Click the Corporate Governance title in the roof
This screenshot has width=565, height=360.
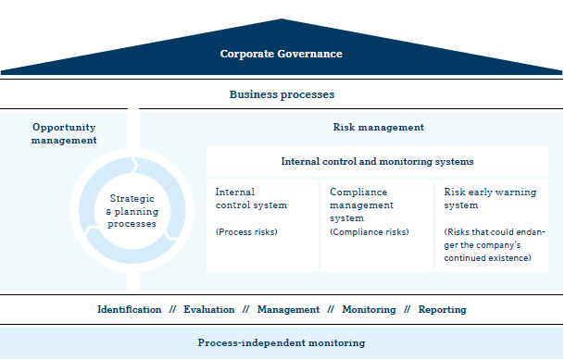pyautogui.click(x=282, y=54)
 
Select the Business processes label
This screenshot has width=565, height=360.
pyautogui.click(x=282, y=94)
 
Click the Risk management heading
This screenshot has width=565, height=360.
pyautogui.click(x=378, y=127)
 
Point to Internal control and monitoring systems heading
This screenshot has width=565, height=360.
pyautogui.click(x=377, y=161)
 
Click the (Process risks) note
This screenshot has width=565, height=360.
pyautogui.click(x=246, y=231)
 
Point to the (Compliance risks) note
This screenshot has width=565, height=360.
pyautogui.click(x=369, y=231)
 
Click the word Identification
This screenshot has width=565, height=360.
pyautogui.click(x=129, y=309)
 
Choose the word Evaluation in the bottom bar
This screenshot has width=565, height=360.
pyautogui.click(x=208, y=309)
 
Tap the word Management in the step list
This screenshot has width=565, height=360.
pyautogui.click(x=288, y=309)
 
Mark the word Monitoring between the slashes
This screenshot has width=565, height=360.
pyautogui.click(x=369, y=309)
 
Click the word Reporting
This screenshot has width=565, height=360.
pyautogui.click(x=442, y=309)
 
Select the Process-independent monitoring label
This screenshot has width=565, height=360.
pyautogui.click(x=282, y=342)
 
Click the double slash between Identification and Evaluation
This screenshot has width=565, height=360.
pyautogui.click(x=172, y=309)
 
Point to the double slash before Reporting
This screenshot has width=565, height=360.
pyautogui.click(x=407, y=309)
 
